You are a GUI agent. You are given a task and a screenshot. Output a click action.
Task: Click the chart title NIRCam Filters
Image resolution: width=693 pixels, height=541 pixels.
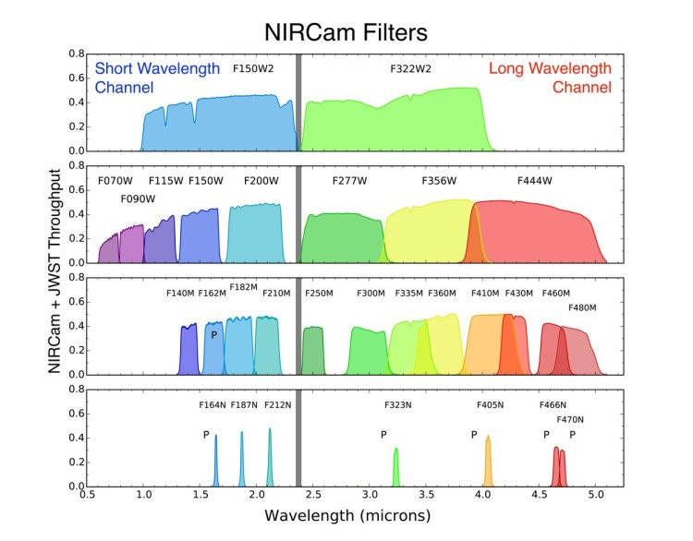[346, 32]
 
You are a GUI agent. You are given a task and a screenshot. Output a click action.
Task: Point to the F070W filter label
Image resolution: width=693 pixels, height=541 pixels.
[115, 181]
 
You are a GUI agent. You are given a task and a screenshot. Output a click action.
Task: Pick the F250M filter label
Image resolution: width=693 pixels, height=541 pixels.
[318, 294]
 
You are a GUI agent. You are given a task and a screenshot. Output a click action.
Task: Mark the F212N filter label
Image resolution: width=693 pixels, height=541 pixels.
[277, 404]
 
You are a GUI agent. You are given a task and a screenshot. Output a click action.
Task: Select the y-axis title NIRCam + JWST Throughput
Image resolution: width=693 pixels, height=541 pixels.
[63, 270]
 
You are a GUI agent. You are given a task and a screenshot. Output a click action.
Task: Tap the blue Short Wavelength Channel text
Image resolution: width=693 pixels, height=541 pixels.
[157, 78]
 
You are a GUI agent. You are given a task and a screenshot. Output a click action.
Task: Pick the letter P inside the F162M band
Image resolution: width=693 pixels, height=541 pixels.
[213, 335]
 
